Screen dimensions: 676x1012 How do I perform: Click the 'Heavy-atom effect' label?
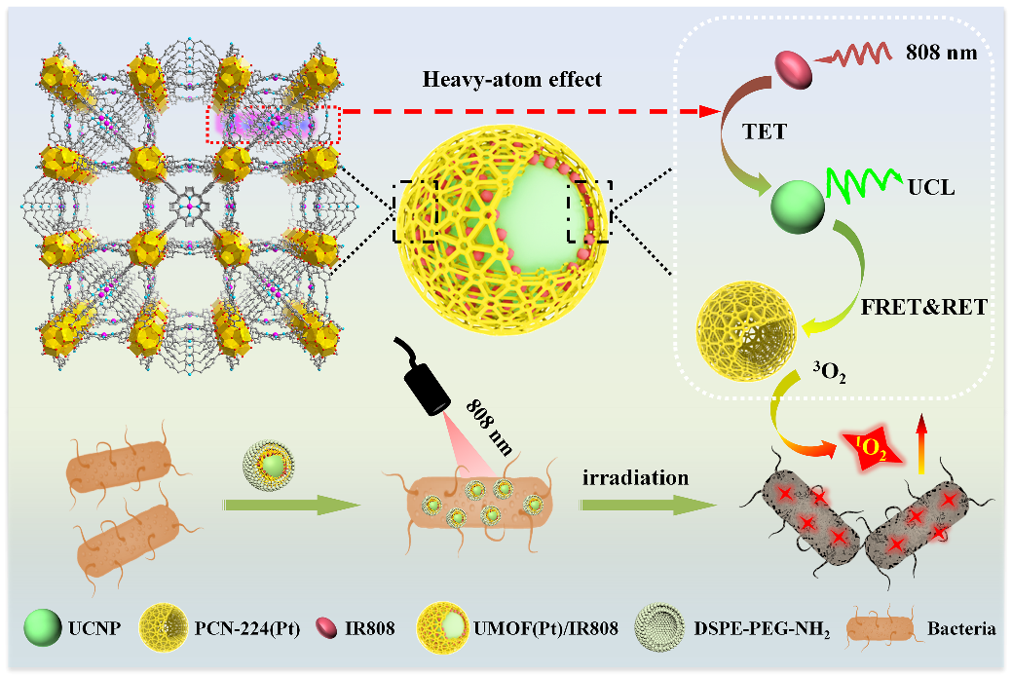pos(511,80)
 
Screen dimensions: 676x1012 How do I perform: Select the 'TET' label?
pos(766,131)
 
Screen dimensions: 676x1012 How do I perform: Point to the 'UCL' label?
pos(931,185)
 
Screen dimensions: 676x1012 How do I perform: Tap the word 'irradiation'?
pos(636,478)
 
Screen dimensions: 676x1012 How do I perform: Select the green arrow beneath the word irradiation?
pos(642,506)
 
